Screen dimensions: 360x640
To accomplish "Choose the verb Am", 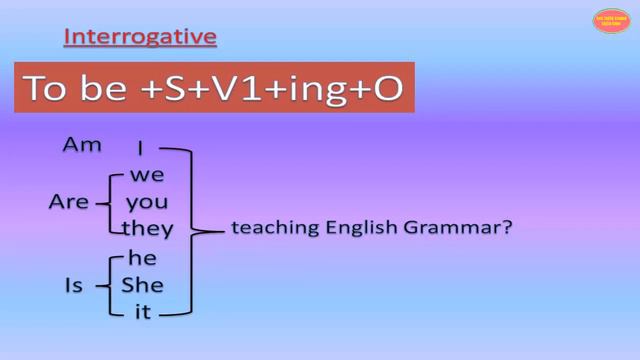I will click(82, 146).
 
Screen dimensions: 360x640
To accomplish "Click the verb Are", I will click(69, 202).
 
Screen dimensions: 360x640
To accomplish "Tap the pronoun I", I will click(141, 149).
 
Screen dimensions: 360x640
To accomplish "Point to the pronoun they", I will click(147, 229).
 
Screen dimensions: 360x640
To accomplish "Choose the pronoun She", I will click(142, 286).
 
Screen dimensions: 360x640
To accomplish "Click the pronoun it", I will click(142, 312).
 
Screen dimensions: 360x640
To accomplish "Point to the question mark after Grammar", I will click(507, 228).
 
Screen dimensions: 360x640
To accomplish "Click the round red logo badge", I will click(611, 21).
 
